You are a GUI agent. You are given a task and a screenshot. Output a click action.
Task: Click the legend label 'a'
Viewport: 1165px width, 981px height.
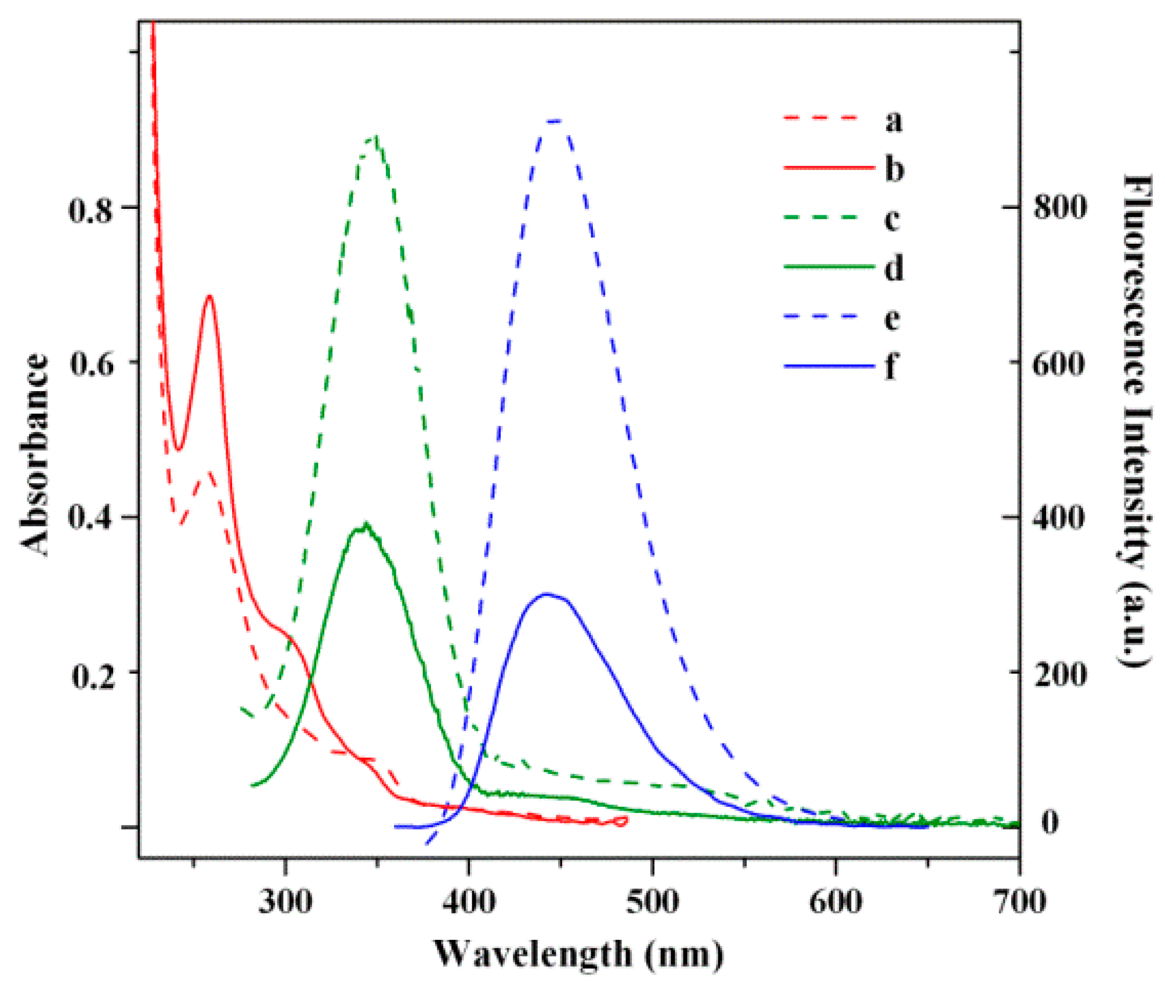pyautogui.click(x=894, y=121)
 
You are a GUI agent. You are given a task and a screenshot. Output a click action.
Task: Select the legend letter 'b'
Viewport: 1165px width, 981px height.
pyautogui.click(x=894, y=169)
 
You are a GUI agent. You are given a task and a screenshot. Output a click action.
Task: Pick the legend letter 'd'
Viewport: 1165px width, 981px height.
pyautogui.click(x=894, y=268)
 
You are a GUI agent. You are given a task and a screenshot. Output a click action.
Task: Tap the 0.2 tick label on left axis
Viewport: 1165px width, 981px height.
pyautogui.click(x=91, y=675)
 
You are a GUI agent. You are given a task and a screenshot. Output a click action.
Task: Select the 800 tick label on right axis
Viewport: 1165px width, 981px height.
pyautogui.click(x=1059, y=207)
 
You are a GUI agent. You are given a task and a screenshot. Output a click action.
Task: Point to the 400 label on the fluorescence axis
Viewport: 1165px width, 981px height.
pyautogui.click(x=1058, y=517)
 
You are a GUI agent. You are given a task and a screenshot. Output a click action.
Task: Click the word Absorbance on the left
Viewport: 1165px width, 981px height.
pyautogui.click(x=35, y=455)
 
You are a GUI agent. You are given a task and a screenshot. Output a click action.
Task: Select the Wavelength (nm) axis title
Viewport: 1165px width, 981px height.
pyautogui.click(x=578, y=954)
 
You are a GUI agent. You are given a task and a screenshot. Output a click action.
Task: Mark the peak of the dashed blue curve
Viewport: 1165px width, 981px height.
pyautogui.click(x=555, y=121)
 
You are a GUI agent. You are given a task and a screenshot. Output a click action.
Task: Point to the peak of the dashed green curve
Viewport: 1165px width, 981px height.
pyautogui.click(x=376, y=137)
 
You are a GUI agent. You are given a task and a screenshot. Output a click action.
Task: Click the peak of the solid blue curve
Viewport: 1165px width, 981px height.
pyautogui.click(x=546, y=594)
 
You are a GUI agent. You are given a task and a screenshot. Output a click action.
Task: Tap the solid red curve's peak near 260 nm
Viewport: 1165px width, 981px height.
pyautogui.click(x=209, y=296)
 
